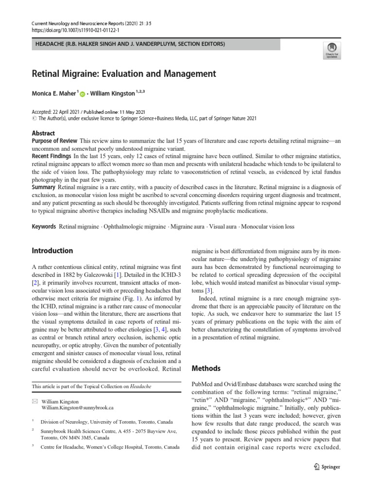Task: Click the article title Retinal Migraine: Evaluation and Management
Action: pyautogui.click(x=123, y=74)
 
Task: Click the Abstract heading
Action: pyautogui.click(x=43, y=133)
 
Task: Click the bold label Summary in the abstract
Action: pyautogui.click(x=44, y=187)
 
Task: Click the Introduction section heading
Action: pyautogui.click(x=52, y=251)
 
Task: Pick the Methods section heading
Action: pyautogui.click(x=207, y=369)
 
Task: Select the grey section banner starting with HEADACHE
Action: pyautogui.click(x=155, y=44)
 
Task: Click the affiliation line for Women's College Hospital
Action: pyautogui.click(x=110, y=446)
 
